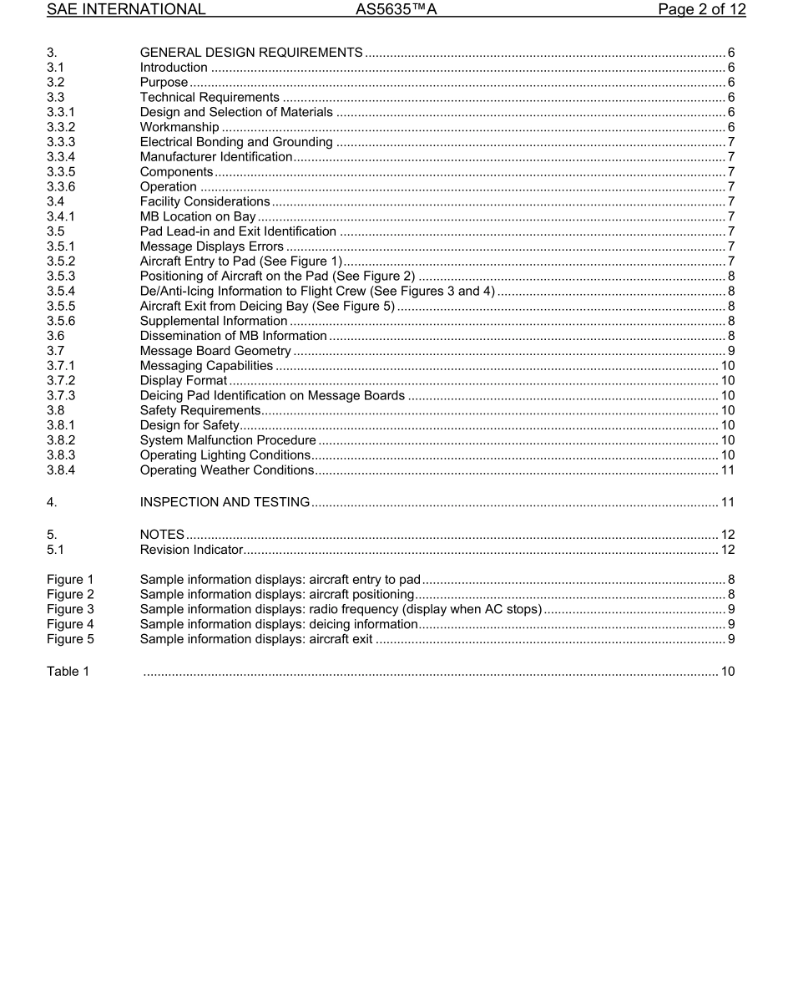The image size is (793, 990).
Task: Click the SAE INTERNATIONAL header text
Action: pos(126,10)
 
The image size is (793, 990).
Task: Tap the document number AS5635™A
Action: pos(396,10)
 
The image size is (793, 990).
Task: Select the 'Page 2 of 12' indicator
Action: pos(701,10)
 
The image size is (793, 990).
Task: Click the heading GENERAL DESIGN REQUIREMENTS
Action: pos(250,53)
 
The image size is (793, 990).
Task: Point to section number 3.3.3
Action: pos(61,142)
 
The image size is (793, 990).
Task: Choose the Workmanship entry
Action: pos(179,127)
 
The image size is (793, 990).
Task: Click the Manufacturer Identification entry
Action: pos(216,157)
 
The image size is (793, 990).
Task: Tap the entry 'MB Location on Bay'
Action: pos(198,217)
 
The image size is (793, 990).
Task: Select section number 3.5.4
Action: pos(61,291)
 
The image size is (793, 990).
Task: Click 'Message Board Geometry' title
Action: pos(215,351)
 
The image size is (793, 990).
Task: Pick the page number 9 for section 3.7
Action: pos(730,351)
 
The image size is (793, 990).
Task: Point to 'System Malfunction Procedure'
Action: pos(228,440)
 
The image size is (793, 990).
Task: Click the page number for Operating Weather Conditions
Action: pos(727,470)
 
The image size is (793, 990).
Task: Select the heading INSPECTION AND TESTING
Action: pos(225,502)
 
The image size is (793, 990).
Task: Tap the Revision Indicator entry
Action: pos(191,550)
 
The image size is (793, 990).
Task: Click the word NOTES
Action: pos(162,535)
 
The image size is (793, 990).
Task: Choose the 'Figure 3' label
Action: pos(70,610)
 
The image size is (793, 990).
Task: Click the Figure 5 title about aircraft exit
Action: pos(256,640)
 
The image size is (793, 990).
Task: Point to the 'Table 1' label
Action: pos(68,672)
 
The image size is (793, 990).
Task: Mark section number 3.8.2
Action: pos(61,440)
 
